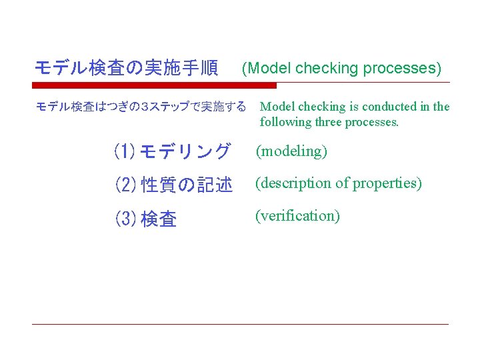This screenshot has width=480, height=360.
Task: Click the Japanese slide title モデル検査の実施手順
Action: (126, 68)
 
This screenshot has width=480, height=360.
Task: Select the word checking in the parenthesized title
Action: (326, 69)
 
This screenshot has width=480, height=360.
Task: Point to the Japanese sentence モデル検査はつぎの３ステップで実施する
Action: (140, 107)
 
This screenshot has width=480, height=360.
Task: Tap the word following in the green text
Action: (285, 122)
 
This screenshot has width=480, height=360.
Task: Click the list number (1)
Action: (125, 152)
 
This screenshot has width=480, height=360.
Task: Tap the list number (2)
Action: (125, 185)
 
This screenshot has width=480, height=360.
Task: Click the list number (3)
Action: (125, 218)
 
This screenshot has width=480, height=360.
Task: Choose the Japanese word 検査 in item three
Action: (159, 218)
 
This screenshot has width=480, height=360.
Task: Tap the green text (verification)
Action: (298, 216)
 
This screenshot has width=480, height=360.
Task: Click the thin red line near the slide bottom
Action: (240, 325)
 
